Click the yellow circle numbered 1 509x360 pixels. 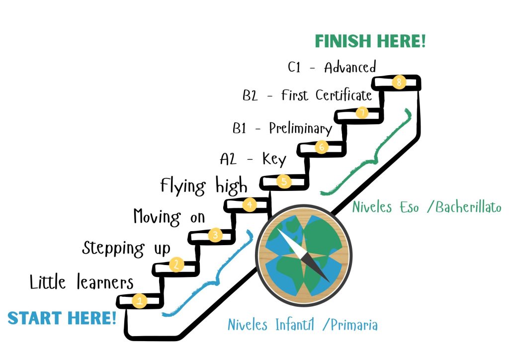(140, 300)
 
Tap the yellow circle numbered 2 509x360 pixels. (176, 264)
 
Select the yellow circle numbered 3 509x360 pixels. (215, 234)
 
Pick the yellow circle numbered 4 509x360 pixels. (250, 204)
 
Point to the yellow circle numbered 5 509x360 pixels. (284, 181)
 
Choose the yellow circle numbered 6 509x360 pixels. (322, 147)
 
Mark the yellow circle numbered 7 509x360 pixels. (362, 112)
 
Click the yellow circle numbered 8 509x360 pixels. (399, 82)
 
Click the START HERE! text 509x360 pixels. (62, 318)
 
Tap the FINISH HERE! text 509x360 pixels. (370, 41)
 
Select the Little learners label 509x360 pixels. (82, 282)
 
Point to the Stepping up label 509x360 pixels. (126, 249)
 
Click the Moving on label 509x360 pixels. (169, 217)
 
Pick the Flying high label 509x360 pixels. (204, 186)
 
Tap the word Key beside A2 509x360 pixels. (274, 160)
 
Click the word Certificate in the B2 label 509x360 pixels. (344, 95)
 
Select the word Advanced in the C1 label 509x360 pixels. (350, 67)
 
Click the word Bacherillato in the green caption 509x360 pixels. (468, 207)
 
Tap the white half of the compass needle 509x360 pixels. (290, 242)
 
